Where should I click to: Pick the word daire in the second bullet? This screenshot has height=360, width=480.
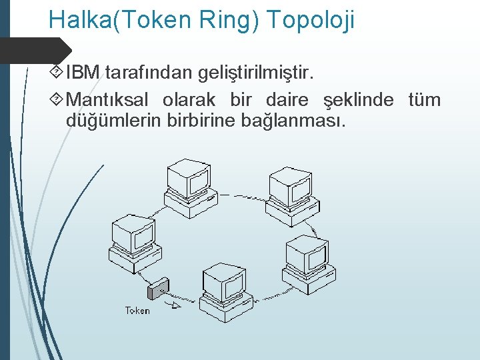point(287,101)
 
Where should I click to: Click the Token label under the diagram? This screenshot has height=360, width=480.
point(138,311)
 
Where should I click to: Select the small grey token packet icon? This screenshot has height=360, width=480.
point(158,289)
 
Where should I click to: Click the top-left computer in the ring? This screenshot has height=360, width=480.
point(189,183)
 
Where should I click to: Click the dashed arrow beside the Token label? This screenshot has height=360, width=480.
point(172,307)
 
